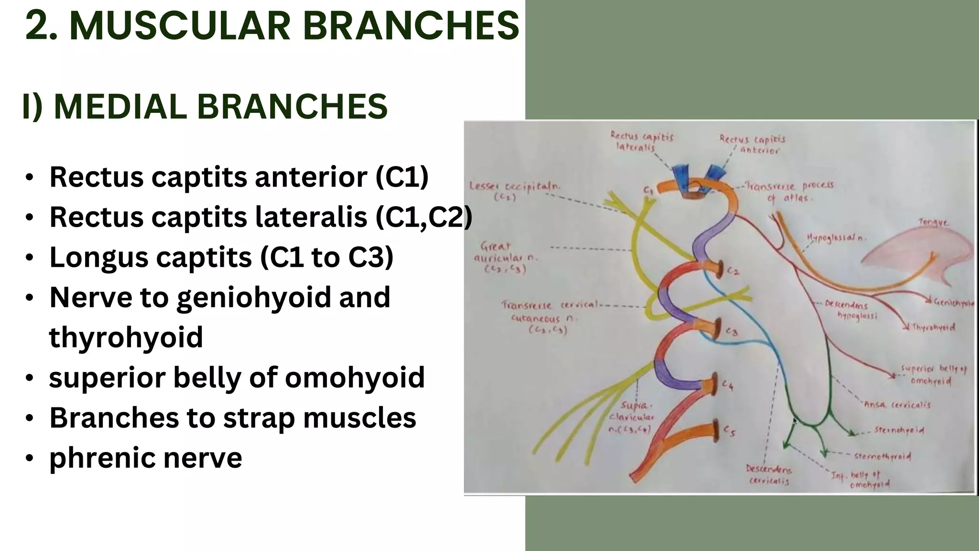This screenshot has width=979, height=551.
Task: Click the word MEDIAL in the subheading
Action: pyautogui.click(x=120, y=106)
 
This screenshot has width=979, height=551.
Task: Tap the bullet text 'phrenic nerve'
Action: pyautogui.click(x=145, y=457)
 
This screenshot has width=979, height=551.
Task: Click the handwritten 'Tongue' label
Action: pyautogui.click(x=934, y=222)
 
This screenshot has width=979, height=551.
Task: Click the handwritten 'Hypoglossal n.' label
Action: pyautogui.click(x=837, y=238)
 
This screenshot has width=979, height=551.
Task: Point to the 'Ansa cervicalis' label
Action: pyautogui.click(x=897, y=405)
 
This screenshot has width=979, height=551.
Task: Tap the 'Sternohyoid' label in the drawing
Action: pyautogui.click(x=899, y=430)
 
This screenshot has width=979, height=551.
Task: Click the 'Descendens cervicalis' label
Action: pyautogui.click(x=769, y=475)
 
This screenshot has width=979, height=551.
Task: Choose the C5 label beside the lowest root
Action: pyautogui.click(x=729, y=431)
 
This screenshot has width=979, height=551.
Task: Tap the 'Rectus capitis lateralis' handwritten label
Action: pyautogui.click(x=641, y=142)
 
